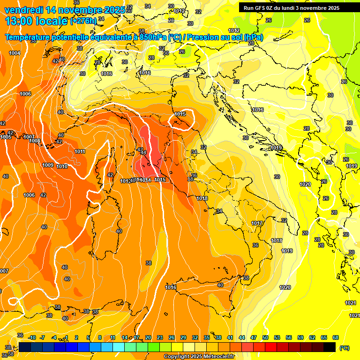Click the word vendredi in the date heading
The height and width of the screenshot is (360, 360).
(23, 10)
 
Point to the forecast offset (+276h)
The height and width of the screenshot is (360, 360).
(83, 21)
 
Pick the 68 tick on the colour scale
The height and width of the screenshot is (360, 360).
(335, 337)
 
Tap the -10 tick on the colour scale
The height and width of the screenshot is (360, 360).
(32, 337)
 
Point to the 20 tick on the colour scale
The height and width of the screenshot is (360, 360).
(148, 337)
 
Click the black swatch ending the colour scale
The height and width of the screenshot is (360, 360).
(330, 347)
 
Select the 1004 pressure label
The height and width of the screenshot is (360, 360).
(15, 53)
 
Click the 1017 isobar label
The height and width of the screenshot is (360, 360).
(256, 223)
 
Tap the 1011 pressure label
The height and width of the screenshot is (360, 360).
(80, 151)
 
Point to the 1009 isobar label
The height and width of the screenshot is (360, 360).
(47, 165)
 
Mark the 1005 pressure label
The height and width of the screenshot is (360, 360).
(6, 137)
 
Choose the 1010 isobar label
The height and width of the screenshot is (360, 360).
(62, 166)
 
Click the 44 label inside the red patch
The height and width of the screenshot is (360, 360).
(143, 152)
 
